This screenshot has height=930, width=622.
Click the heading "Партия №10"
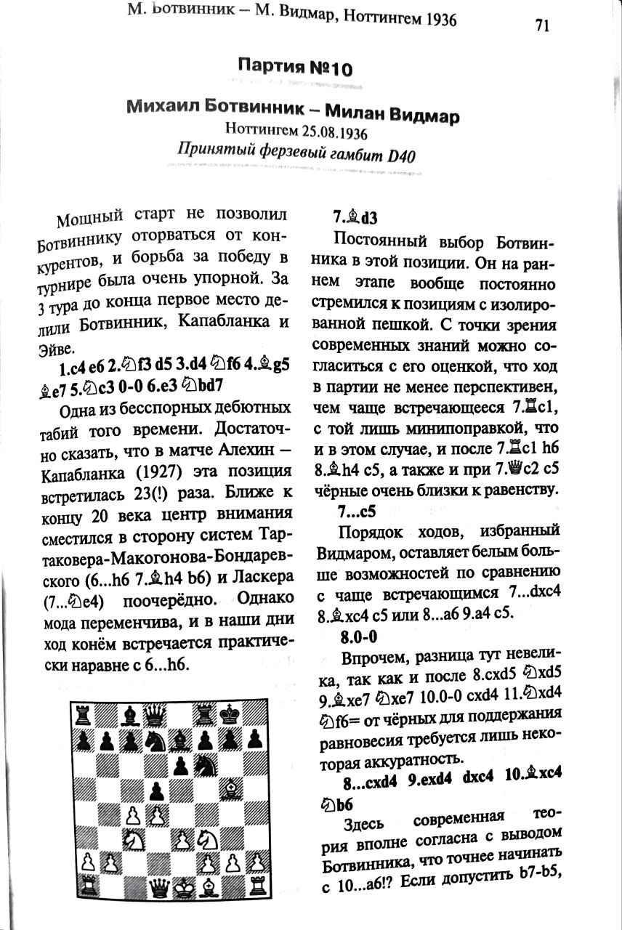295,69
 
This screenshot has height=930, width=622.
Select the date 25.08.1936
330,133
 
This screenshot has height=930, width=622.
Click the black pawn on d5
156,788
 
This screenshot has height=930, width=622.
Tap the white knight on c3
131,838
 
